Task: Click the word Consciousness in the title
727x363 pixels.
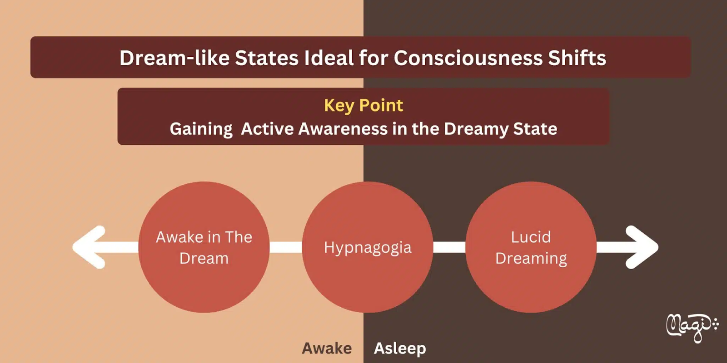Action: tap(468, 58)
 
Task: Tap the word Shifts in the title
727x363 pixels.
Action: tap(577, 58)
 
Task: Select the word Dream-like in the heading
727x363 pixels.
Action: tap(174, 58)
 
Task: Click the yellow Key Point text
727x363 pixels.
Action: tap(363, 106)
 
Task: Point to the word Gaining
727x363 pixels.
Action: tap(201, 129)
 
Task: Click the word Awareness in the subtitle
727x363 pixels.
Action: tap(343, 129)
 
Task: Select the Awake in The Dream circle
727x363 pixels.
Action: tap(204, 247)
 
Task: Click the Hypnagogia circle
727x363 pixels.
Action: tap(368, 247)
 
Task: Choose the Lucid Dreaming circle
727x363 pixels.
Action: tap(531, 247)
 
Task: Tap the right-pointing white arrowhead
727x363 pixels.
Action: tap(642, 247)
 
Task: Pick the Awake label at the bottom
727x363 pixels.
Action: tap(327, 348)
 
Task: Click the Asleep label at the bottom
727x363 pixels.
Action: tap(400, 349)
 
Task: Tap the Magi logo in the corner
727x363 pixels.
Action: tap(692, 327)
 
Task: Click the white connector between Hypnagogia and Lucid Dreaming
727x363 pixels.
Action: tap(449, 247)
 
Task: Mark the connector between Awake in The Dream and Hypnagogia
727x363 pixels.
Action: tap(286, 247)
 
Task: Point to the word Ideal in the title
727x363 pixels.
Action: tap(329, 58)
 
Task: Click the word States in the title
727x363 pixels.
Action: tap(267, 58)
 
